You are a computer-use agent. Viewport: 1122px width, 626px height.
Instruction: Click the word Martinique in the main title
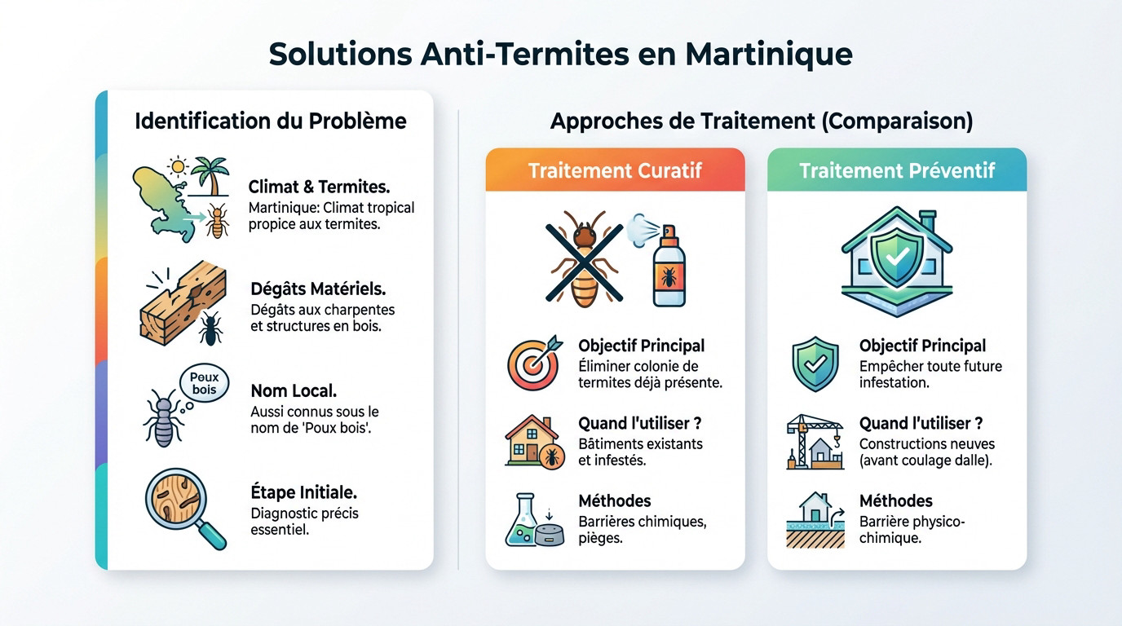click(769, 55)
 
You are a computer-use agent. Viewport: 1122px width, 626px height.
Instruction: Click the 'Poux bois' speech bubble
click(204, 384)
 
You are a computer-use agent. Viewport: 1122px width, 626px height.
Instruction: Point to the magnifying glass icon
click(183, 507)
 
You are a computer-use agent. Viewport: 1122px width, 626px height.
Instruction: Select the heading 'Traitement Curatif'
click(615, 170)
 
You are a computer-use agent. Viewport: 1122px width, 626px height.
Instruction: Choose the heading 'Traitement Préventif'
click(897, 170)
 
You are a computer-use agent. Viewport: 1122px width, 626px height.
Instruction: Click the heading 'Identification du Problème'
click(270, 121)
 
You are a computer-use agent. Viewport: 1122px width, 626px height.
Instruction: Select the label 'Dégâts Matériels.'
click(318, 289)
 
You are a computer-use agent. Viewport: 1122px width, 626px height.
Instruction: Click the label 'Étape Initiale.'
click(303, 492)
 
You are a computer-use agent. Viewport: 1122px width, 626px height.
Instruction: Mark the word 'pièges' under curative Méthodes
click(599, 539)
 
